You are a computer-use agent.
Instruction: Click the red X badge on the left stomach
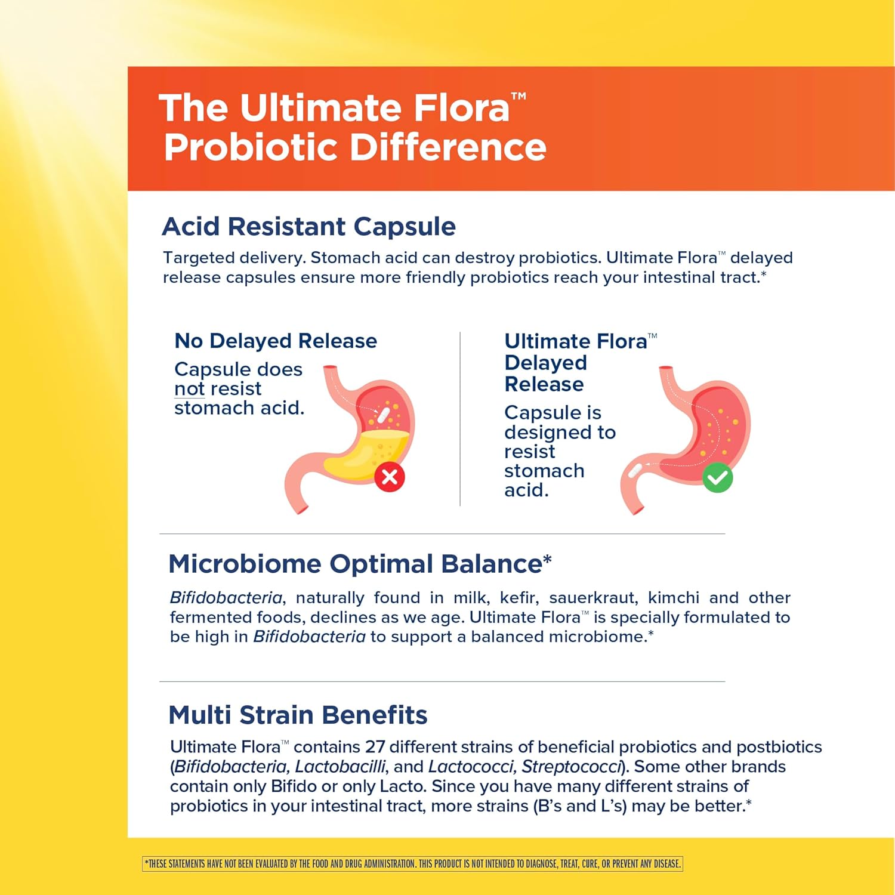pos(390,477)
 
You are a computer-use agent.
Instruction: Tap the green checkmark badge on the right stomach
pos(717,477)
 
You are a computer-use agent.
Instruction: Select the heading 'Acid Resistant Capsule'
pos(308,227)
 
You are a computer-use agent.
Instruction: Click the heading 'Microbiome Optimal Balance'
pos(360,564)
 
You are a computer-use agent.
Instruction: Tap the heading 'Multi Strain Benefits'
pos(298,715)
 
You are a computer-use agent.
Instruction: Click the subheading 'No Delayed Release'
pos(276,341)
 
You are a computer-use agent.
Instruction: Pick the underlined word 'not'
pos(189,389)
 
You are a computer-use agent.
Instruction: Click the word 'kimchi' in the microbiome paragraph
pos(674,598)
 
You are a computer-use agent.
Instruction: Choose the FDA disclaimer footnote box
pos(412,863)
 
